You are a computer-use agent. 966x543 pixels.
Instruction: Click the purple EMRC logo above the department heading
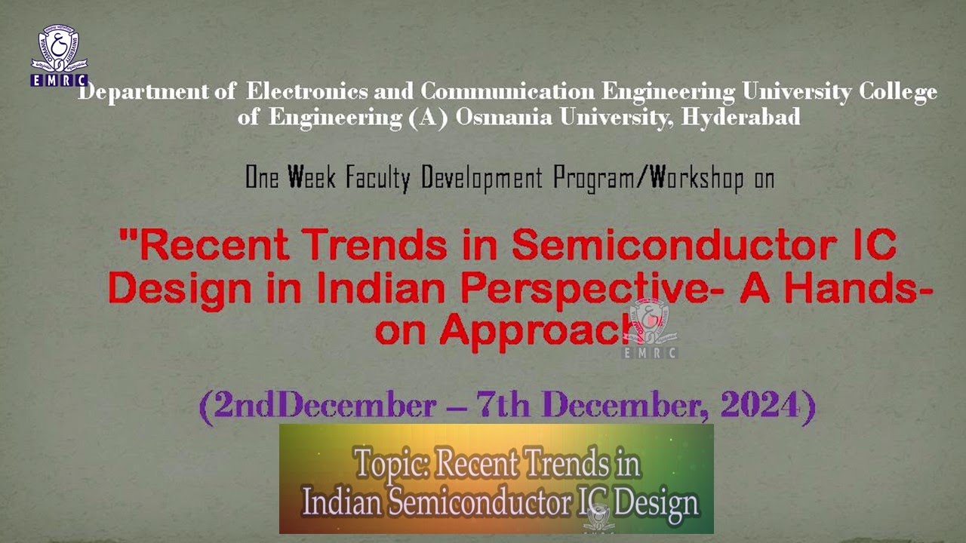(x=59, y=56)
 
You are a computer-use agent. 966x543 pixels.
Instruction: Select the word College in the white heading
(x=898, y=92)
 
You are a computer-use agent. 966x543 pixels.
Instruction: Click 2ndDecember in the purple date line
(x=318, y=406)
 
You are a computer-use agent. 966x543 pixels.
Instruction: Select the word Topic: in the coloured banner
(x=392, y=463)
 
